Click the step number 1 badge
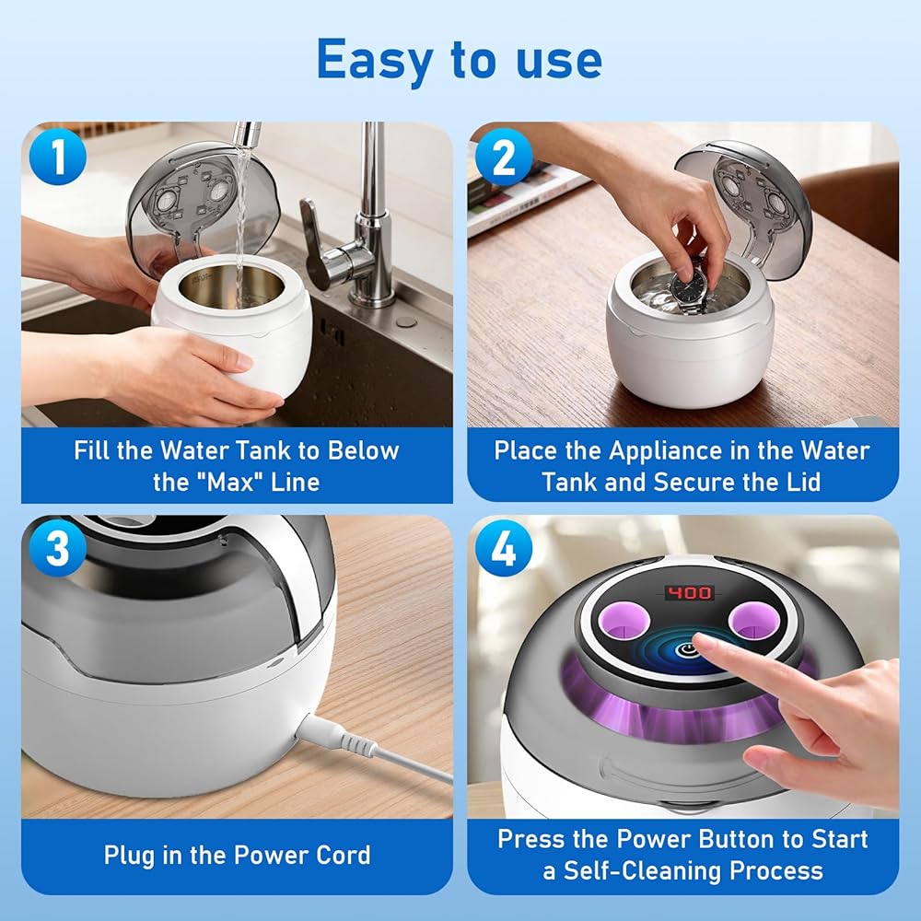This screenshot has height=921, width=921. [x=57, y=157]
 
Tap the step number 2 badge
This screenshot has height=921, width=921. [x=504, y=157]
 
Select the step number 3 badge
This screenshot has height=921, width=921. [x=57, y=548]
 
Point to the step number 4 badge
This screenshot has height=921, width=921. [x=504, y=549]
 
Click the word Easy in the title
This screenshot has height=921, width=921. [x=375, y=60]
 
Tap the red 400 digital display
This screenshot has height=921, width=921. [x=689, y=592]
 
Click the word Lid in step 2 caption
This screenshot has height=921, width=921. [x=802, y=483]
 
